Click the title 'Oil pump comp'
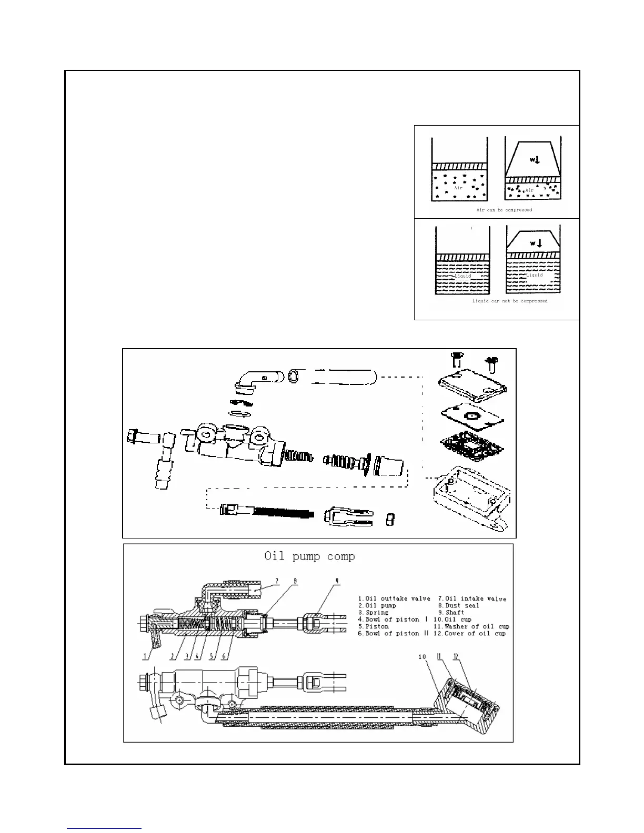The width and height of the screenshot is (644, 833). pos(309,556)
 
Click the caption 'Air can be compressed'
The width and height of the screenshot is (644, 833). pos(504,210)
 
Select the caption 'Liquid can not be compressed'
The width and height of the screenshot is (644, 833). pos(509,301)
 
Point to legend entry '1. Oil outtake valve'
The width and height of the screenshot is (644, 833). pos(394,598)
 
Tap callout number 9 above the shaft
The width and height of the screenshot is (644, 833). pos(337,581)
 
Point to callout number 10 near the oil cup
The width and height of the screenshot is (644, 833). pos(422,657)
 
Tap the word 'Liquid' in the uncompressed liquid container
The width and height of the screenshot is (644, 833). pos(462,276)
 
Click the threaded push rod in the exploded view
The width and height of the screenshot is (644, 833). pos(268,511)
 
